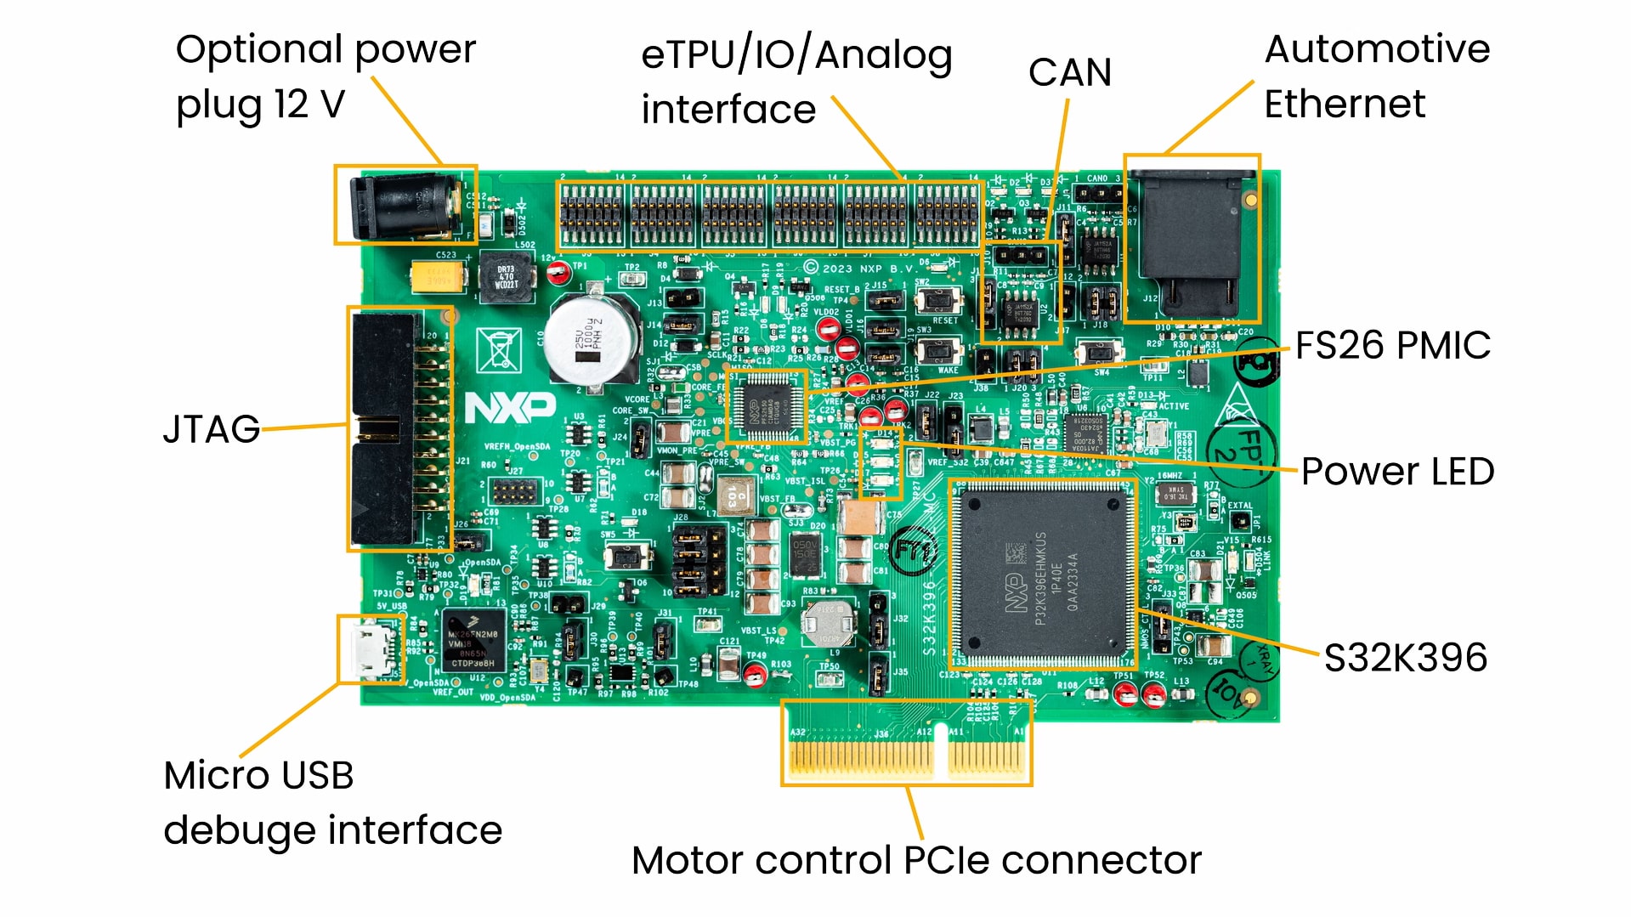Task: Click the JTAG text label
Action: click(x=211, y=429)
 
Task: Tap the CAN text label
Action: click(x=1069, y=73)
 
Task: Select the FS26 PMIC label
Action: click(x=1392, y=346)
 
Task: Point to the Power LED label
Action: click(x=1397, y=472)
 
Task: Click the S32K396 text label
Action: click(x=1405, y=658)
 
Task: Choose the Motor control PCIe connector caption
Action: click(x=916, y=860)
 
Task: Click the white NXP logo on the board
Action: click(x=510, y=409)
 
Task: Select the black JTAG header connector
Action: click(x=384, y=429)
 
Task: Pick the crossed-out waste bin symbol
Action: click(x=498, y=349)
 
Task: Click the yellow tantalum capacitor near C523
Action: click(x=438, y=276)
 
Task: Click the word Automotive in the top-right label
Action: click(x=1377, y=49)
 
